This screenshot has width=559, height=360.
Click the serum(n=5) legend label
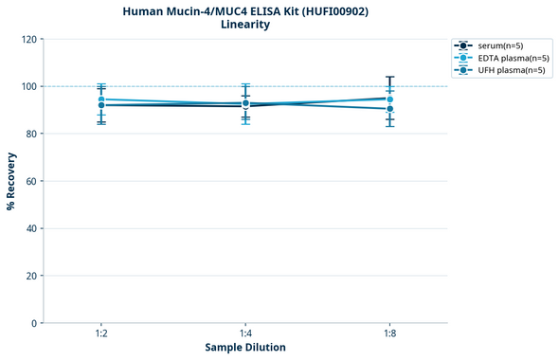[x=501, y=45]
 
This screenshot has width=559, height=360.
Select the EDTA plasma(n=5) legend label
[x=512, y=58]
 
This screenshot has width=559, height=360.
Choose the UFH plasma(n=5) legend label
[x=511, y=70]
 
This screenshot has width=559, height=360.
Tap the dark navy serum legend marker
[x=462, y=45]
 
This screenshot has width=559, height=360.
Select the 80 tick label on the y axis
[x=30, y=134]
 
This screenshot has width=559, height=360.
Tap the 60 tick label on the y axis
[x=30, y=181]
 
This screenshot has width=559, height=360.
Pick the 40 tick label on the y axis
[x=30, y=228]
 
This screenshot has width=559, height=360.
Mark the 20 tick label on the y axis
[x=30, y=276]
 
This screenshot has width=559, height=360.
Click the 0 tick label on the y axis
[x=33, y=323]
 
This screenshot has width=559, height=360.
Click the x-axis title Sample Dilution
[x=245, y=348]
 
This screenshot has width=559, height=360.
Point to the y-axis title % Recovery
[x=11, y=180]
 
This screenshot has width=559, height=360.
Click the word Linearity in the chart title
[x=245, y=25]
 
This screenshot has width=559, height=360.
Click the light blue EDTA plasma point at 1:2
[x=101, y=99]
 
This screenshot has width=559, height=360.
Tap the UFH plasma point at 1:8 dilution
[x=389, y=109]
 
